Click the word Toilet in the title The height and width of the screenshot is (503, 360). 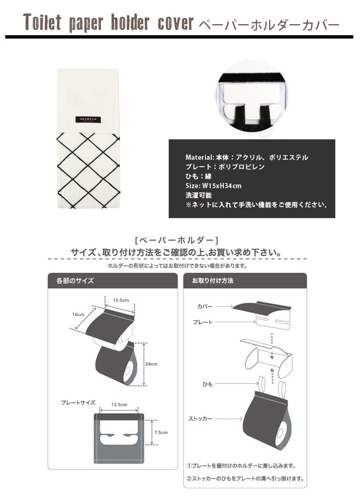pyautogui.click(x=42, y=23)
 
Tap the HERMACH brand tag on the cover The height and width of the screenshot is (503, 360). pyautogui.click(x=88, y=119)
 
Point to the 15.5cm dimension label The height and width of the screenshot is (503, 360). pyautogui.click(x=121, y=300)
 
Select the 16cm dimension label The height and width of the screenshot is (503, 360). pyautogui.click(x=78, y=314)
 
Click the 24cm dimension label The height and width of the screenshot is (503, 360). pyautogui.click(x=151, y=364)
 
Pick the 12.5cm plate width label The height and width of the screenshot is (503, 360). pyautogui.click(x=119, y=405)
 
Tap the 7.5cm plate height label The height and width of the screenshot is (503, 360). pyautogui.click(x=161, y=433)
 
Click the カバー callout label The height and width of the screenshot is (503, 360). pyautogui.click(x=205, y=306)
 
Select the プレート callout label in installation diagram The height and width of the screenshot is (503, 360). pyautogui.click(x=202, y=322)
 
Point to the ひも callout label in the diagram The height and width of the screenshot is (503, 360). pyautogui.click(x=207, y=384)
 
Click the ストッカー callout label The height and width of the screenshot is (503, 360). pyautogui.click(x=200, y=418)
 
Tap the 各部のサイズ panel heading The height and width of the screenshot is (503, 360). pyautogui.click(x=75, y=281)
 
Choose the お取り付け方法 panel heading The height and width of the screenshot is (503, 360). pyautogui.click(x=213, y=281)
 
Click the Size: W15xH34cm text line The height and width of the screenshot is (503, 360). pyautogui.click(x=213, y=186)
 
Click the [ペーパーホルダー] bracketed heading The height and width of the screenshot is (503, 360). pyautogui.click(x=177, y=240)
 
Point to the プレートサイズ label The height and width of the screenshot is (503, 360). pyautogui.click(x=78, y=402)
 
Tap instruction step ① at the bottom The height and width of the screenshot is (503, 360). pyautogui.click(x=241, y=466)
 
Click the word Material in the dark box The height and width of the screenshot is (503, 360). pyautogui.click(x=200, y=157)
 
